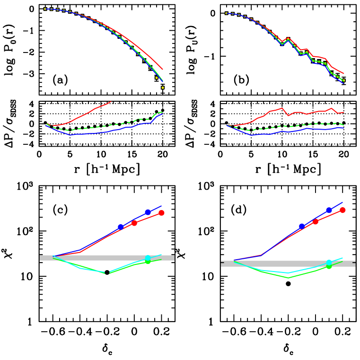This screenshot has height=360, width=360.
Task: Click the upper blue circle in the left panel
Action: [x=148, y=212]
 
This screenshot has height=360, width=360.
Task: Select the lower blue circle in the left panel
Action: [x=121, y=227]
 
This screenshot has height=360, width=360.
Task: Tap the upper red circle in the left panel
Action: [x=161, y=213]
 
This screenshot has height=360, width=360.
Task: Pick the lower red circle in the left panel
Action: [x=134, y=223]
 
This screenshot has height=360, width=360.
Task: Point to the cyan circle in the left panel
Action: [x=148, y=258]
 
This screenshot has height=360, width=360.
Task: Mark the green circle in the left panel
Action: [x=148, y=261]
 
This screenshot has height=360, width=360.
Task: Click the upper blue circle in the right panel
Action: [x=329, y=210]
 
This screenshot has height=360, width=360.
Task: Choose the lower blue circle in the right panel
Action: [x=302, y=227]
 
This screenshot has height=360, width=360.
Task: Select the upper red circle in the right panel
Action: [x=342, y=210]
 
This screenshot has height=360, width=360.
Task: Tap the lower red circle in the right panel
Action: [x=316, y=221]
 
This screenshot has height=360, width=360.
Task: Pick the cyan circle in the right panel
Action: [x=329, y=263]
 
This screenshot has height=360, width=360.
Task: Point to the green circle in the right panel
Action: [x=329, y=266]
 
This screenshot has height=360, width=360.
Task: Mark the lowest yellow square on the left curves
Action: [x=163, y=88]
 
